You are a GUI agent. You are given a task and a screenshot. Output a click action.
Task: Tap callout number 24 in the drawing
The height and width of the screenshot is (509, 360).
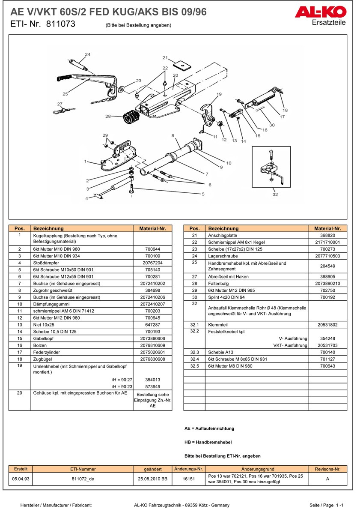point(87,54)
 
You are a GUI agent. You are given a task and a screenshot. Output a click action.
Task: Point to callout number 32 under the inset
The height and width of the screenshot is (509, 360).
point(275,194)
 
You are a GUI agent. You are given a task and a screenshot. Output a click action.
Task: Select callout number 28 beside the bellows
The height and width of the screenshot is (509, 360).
point(108,116)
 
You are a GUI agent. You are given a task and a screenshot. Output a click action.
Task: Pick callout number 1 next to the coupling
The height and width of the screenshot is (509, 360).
point(86,162)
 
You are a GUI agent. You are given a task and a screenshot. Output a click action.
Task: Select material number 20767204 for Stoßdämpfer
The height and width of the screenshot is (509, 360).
point(152,263)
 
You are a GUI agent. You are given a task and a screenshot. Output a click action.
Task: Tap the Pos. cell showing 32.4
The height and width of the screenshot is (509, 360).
point(194,359)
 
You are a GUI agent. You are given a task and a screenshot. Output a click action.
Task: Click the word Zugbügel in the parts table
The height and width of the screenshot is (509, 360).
point(44,359)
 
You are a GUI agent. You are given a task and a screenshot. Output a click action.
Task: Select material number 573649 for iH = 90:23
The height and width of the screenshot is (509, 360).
point(152,386)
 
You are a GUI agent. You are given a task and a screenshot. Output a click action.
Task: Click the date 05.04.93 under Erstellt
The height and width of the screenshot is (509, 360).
point(21,479)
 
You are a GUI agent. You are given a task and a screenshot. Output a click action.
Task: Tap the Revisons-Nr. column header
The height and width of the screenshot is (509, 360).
point(327,469)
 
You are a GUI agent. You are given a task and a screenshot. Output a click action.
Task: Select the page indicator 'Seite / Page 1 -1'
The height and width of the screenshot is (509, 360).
point(326,505)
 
